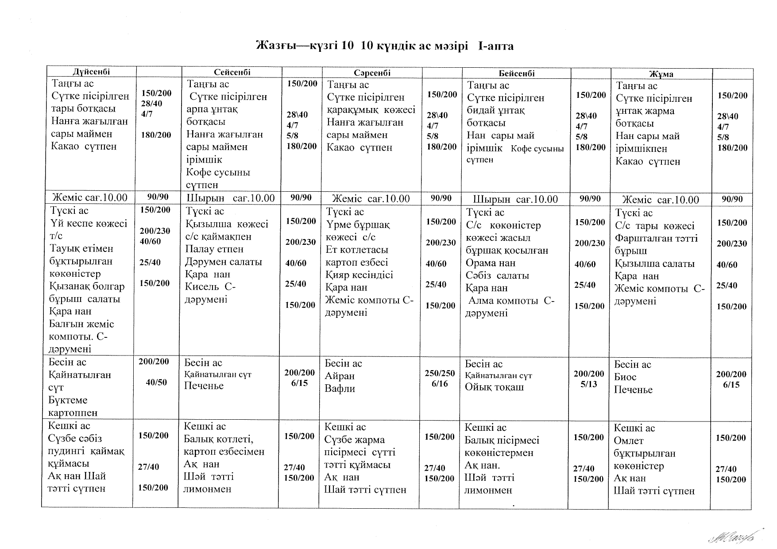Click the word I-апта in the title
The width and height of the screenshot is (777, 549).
496,46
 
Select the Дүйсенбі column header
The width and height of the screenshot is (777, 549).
92,71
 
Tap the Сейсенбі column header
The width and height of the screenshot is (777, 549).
232,72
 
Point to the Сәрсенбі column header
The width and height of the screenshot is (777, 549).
372,73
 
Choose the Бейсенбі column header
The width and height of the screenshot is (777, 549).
517,73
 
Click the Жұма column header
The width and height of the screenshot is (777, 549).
661,74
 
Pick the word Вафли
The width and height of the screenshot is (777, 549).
340,389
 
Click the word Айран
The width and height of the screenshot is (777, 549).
340,376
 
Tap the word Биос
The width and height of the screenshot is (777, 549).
625,377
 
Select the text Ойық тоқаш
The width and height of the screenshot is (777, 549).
494,387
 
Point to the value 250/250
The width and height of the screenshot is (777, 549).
440,373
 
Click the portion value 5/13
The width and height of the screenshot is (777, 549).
589,384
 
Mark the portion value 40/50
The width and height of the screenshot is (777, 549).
156,383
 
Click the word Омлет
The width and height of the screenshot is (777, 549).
629,441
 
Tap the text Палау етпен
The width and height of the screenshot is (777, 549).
214,249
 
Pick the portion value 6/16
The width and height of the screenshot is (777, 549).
440,384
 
